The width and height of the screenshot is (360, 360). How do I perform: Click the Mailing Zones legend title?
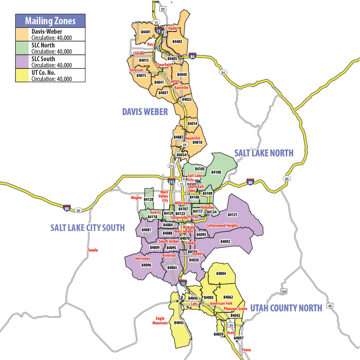(50, 21)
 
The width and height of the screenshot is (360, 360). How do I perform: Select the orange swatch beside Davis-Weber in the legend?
(23, 34)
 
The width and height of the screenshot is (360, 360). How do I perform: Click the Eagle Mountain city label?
(160, 321)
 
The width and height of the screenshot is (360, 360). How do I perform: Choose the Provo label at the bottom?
(246, 350)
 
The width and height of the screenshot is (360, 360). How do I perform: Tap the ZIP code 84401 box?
(146, 32)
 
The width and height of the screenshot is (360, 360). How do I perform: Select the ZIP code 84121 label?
(232, 214)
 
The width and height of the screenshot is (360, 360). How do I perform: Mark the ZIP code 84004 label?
(221, 273)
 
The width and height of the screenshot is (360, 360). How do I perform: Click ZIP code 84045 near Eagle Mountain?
(179, 323)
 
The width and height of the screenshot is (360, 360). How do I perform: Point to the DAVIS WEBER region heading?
(145, 112)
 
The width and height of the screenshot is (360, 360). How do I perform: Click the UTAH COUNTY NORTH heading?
(286, 308)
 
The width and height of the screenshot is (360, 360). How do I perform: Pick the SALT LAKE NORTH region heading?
(264, 153)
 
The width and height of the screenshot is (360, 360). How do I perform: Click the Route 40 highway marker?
(329, 306)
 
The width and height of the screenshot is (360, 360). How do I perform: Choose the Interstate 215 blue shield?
(171, 182)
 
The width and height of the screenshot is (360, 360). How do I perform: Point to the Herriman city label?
(142, 259)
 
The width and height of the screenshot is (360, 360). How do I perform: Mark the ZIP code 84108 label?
(216, 172)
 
